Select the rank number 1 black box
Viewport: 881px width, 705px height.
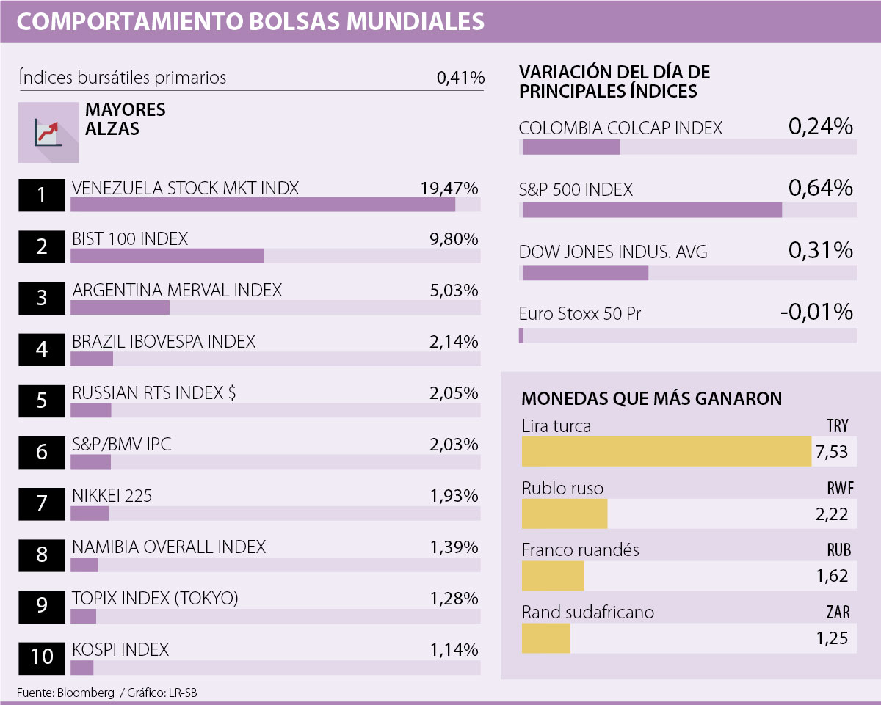coord(42,195)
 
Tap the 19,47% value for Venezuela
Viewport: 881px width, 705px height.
coord(449,188)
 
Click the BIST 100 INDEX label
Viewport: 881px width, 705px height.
coord(130,239)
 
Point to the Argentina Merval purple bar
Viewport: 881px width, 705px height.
coord(120,307)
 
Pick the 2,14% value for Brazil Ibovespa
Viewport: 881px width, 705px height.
coord(454,342)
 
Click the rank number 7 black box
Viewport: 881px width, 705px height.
coord(42,503)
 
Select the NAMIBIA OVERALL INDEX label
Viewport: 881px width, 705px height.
coord(169,547)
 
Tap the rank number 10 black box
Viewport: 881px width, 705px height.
coord(42,656)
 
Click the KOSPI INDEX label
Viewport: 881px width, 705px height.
coord(120,650)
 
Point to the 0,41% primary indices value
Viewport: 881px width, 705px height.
coord(460,78)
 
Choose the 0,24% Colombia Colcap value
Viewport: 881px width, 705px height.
coord(820,128)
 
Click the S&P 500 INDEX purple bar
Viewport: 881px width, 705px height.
coord(652,211)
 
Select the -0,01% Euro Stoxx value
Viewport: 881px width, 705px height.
coord(816,313)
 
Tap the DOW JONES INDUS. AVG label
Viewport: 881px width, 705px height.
coord(613,252)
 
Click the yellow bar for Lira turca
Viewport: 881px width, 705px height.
coord(667,451)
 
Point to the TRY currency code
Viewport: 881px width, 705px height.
coord(837,426)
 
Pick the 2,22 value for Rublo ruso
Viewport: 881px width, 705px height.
coord(832,515)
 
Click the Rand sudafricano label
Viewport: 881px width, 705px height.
coord(587,612)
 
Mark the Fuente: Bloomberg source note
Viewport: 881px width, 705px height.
coord(65,693)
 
